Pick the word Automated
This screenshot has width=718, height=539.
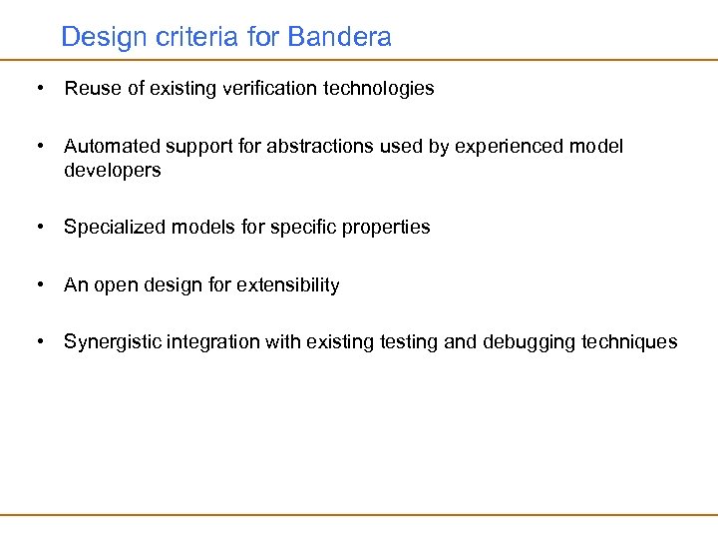107,147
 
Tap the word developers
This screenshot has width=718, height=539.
112,171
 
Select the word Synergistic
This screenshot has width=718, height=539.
112,342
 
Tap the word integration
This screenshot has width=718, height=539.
212,342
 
